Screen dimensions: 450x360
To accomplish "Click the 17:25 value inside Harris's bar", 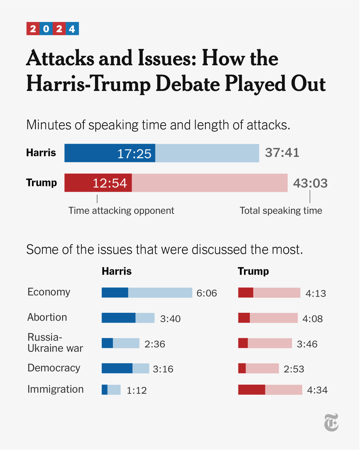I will pos(134,154).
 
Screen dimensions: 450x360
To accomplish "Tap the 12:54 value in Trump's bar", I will pos(110,183).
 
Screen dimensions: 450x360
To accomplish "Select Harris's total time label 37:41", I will pos(282,153).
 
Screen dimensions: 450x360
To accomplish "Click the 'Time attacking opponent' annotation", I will pos(121,210).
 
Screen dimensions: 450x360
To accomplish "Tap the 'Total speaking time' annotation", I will pos(281,210).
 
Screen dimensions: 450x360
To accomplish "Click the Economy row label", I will pos(49,292).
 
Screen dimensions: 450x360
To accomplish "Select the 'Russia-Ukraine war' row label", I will pos(55,342).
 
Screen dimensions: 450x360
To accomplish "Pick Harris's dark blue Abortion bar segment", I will pos(118,318).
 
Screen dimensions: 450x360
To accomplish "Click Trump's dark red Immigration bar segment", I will pos(252,390).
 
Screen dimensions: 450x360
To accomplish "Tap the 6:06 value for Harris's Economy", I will pos(207,293).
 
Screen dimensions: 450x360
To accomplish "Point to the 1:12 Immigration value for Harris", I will pos(137,390).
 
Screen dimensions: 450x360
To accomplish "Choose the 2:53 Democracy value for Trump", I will pos(294,369).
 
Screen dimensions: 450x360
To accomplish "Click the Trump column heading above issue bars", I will pos(253,271).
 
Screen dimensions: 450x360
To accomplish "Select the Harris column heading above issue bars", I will pos(117,271).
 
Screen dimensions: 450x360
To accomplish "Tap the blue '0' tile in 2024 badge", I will pos(46,29).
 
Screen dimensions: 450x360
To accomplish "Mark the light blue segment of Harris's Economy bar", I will pos(160,293).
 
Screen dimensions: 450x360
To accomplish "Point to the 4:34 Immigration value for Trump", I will pos(317,390).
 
